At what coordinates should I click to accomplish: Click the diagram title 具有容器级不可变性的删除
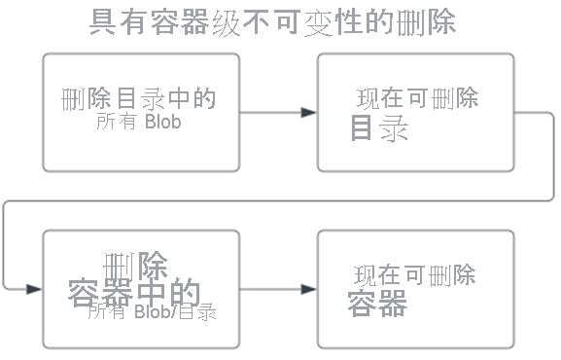pos(271,21)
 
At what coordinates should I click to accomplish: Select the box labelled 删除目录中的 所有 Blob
pos(141,112)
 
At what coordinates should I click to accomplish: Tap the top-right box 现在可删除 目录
pos(415,112)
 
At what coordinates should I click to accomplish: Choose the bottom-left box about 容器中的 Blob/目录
pos(141,289)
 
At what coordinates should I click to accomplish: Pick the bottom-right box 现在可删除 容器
pos(415,289)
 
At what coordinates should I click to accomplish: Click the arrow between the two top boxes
pos(278,113)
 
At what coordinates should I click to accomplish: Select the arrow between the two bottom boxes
pos(278,289)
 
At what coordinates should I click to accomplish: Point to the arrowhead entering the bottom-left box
pos(35,289)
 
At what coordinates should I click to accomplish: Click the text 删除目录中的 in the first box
pos(137,100)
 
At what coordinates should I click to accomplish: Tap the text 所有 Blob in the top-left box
pos(139,123)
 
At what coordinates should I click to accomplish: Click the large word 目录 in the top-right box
pos(378,129)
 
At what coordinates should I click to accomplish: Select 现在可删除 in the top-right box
pos(416,99)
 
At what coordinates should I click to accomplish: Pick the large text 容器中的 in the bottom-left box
pos(134,293)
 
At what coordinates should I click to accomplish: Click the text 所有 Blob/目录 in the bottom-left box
pos(151,312)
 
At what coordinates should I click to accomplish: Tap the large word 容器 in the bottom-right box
pos(377,305)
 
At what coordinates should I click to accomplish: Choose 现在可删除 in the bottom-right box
pos(414,275)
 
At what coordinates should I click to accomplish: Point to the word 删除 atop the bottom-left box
pos(134,265)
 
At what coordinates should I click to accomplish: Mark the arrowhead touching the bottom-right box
pos(309,289)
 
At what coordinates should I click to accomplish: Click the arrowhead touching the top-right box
pos(309,113)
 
